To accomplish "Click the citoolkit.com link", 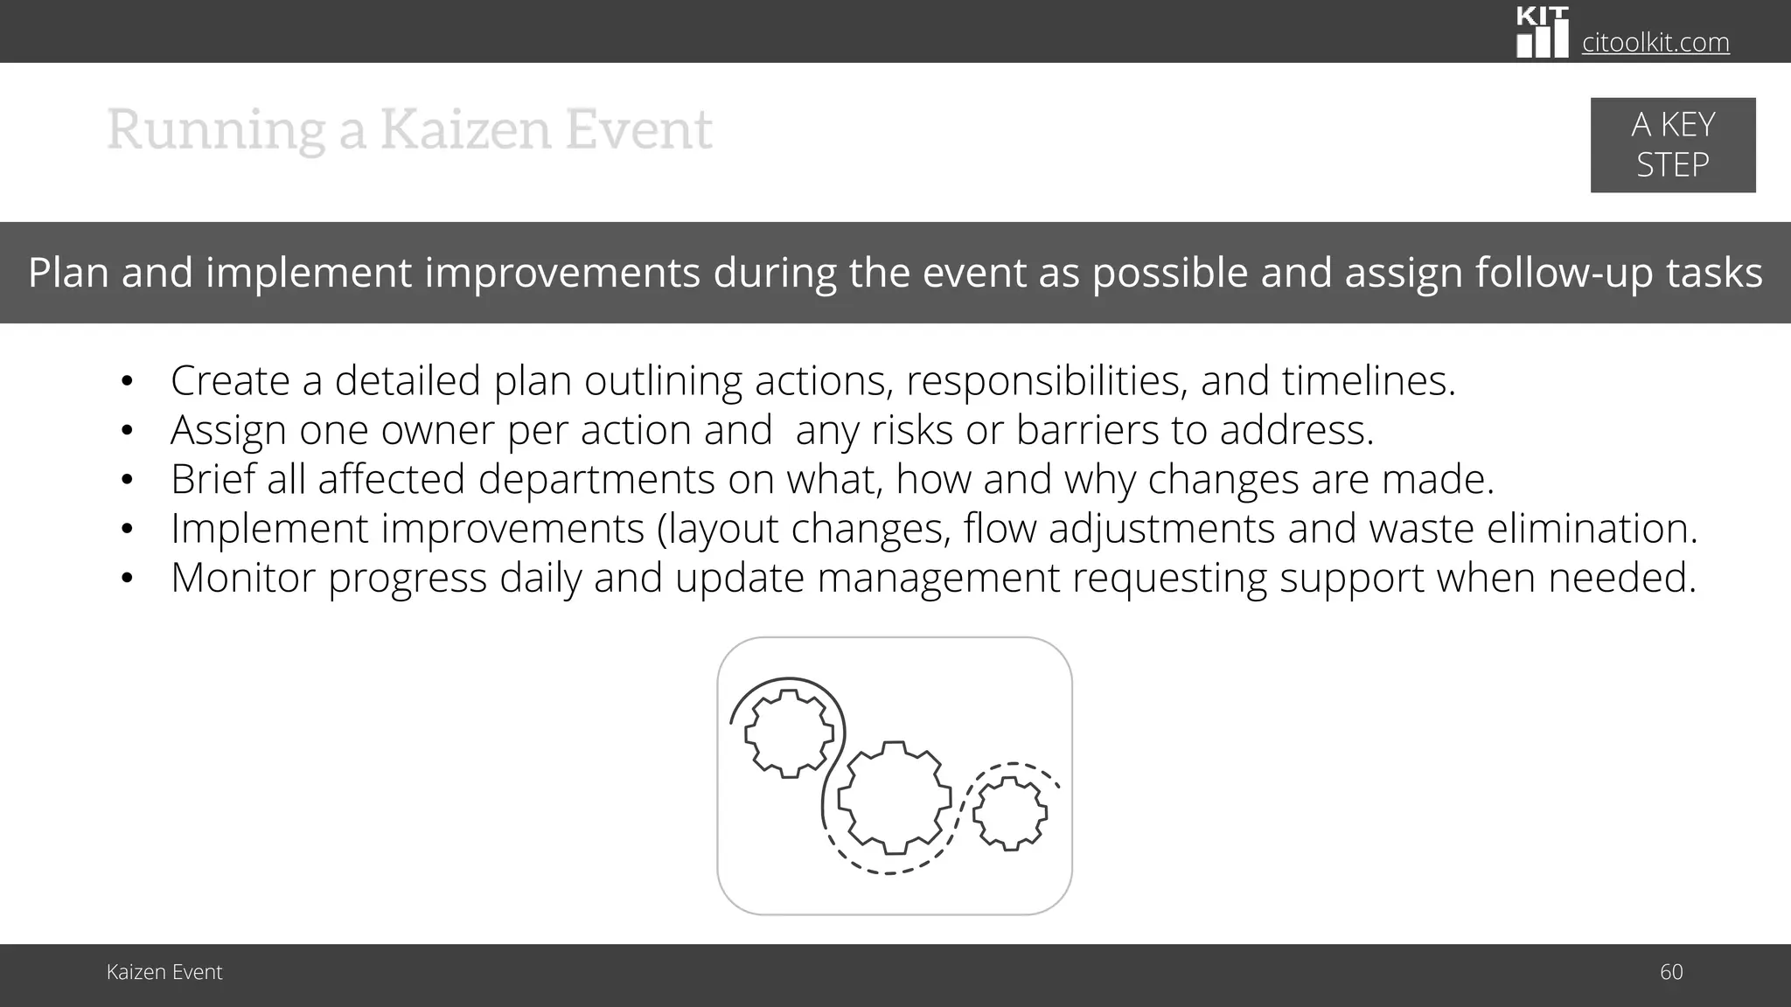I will (1655, 42).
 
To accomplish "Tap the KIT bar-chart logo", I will (1542, 33).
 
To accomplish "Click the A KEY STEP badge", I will (1672, 145).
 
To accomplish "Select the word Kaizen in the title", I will (465, 129).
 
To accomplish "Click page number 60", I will (1670, 972).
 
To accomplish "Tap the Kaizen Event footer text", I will (164, 972).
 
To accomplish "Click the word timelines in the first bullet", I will (1369, 381).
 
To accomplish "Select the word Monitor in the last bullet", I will (242, 578).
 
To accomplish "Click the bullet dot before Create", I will (127, 381).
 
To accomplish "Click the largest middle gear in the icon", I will (894, 797).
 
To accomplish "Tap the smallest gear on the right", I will (1010, 814).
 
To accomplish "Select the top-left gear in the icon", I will (789, 733).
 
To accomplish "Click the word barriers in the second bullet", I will (1084, 430).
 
